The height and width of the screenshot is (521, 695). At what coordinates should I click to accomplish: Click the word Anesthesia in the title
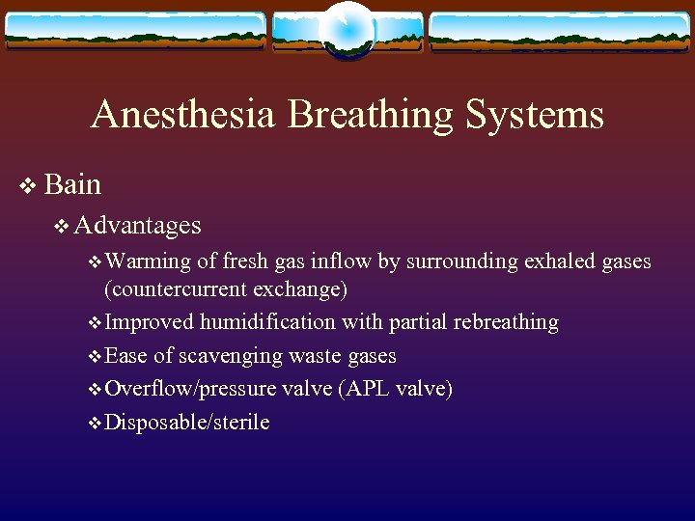tap(184, 115)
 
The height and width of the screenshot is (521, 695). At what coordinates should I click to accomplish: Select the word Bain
tap(72, 183)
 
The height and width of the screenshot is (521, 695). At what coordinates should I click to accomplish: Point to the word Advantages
tap(138, 226)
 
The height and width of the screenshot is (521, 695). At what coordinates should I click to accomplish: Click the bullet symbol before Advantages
tap(62, 227)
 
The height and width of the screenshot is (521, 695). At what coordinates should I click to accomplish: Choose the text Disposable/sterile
tap(186, 422)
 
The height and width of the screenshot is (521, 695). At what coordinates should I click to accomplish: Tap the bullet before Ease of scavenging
tap(94, 357)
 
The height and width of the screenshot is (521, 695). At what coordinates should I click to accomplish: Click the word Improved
tap(149, 322)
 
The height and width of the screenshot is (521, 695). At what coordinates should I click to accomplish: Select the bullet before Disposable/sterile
tap(94, 423)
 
